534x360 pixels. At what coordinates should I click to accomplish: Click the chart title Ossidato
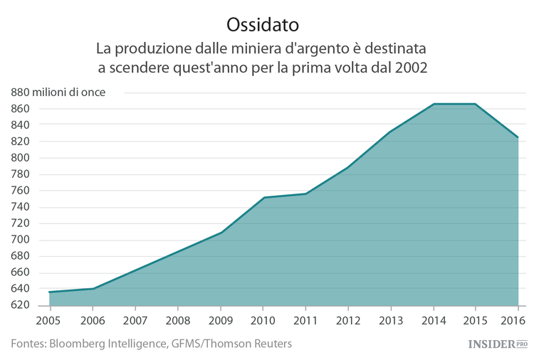[x=262, y=23]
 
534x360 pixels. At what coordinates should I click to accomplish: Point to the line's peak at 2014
[x=433, y=104]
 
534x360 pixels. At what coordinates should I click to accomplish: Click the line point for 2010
[x=263, y=198]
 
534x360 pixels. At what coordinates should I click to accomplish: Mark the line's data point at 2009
[x=221, y=233]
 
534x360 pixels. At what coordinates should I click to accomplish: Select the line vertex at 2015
[x=476, y=104]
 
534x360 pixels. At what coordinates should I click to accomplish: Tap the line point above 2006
[x=93, y=289]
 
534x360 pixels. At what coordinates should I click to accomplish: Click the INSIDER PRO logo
[x=497, y=344]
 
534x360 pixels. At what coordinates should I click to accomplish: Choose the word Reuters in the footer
[x=272, y=344]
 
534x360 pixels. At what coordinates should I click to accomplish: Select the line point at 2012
[x=347, y=168]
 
